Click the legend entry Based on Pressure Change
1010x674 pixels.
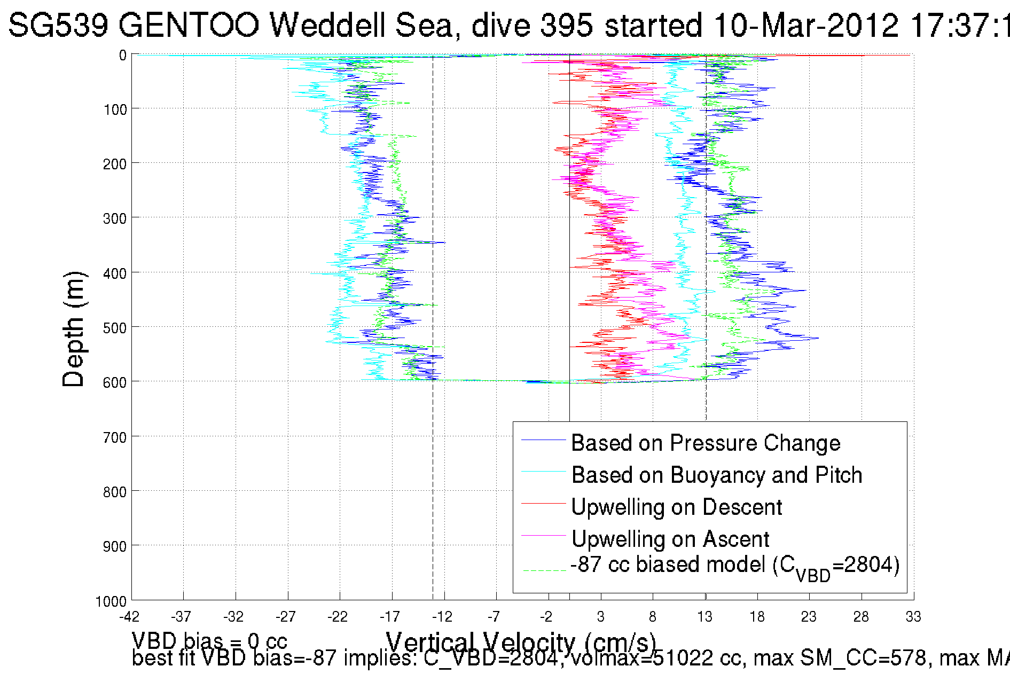[x=705, y=443]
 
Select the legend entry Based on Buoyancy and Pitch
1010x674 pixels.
[x=716, y=475]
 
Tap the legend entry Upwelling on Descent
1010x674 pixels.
[x=676, y=507]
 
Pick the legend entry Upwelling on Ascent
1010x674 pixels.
[x=670, y=539]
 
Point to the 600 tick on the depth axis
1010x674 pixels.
[x=115, y=382]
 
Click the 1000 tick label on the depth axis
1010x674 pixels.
[x=111, y=602]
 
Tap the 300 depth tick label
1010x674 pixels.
[x=115, y=218]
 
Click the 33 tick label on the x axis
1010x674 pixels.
[x=913, y=617]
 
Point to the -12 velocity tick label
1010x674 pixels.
[x=442, y=617]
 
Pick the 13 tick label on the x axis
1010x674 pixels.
[x=705, y=617]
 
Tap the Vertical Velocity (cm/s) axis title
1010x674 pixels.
[x=521, y=642]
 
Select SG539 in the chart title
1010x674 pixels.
[x=58, y=25]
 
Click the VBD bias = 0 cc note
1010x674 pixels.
[x=209, y=640]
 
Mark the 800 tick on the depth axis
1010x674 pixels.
[x=115, y=492]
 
